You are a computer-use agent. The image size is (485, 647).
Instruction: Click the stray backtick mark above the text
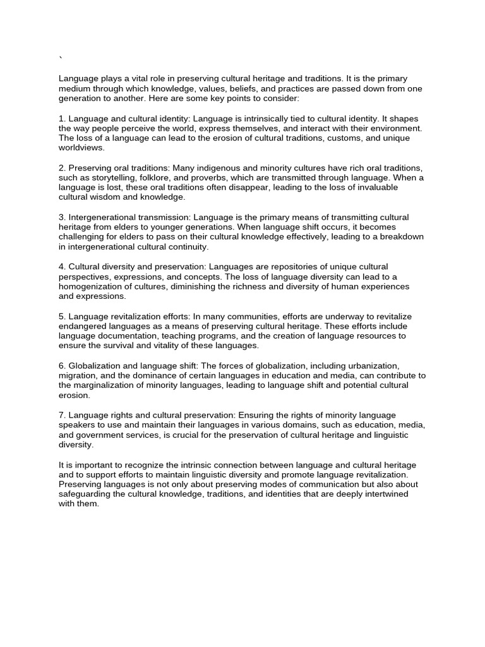click(x=61, y=59)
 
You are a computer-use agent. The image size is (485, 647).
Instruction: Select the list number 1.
click(x=61, y=119)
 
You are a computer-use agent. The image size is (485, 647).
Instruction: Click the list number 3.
click(x=61, y=217)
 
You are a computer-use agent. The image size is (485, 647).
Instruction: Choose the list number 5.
click(x=61, y=316)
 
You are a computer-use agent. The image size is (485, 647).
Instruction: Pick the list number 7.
click(x=61, y=415)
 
